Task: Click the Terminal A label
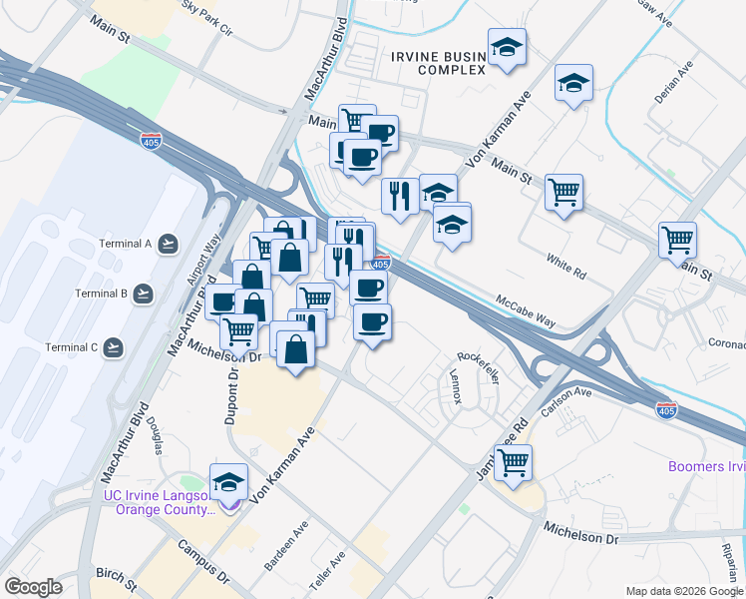coord(125,244)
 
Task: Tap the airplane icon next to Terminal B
coord(144,294)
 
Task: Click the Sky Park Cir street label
coord(207,19)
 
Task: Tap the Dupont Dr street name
coord(229,396)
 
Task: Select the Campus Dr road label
coord(203,562)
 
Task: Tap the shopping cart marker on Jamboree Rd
coord(513,462)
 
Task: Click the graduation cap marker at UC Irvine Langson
coord(229,482)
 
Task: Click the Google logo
coord(33,587)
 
